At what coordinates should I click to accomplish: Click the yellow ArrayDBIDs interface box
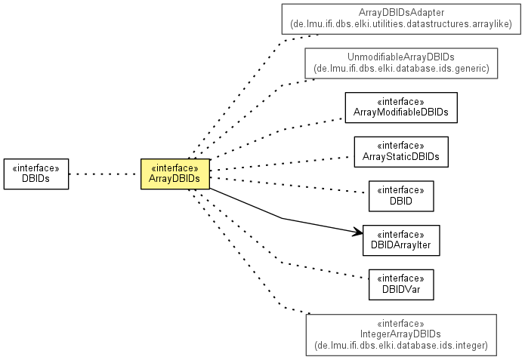pyautogui.click(x=174, y=174)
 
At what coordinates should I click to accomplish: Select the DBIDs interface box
pyautogui.click(x=36, y=174)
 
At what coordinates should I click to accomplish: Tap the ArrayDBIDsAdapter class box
pyautogui.click(x=401, y=19)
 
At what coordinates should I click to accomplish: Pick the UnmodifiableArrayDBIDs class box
pyautogui.click(x=401, y=63)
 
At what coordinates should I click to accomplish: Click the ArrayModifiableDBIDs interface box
pyautogui.click(x=401, y=107)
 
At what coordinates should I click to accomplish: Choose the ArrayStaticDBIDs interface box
pyautogui.click(x=401, y=152)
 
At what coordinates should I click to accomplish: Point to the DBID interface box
pyautogui.click(x=401, y=195)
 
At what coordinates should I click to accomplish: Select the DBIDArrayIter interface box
pyautogui.click(x=401, y=240)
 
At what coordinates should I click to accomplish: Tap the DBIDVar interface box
pyautogui.click(x=401, y=284)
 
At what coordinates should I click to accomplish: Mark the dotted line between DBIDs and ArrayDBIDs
pyautogui.click(x=104, y=174)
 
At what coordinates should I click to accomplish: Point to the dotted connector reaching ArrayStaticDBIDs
pyautogui.click(x=287, y=162)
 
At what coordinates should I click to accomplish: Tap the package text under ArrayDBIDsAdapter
pyautogui.click(x=401, y=24)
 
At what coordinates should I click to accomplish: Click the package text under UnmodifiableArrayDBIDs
pyautogui.click(x=401, y=69)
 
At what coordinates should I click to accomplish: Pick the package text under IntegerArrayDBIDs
pyautogui.click(x=401, y=346)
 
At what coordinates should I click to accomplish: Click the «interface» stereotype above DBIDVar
pyautogui.click(x=401, y=277)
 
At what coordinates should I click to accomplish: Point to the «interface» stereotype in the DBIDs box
pyautogui.click(x=36, y=168)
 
